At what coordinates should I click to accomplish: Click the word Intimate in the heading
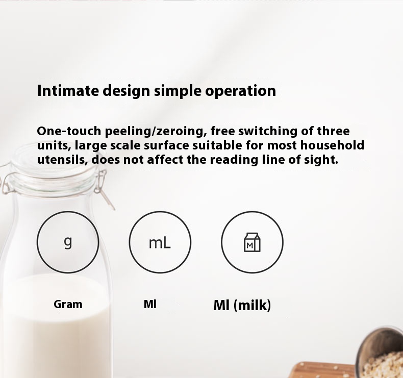[x=68, y=90]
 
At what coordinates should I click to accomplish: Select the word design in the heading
[x=126, y=91]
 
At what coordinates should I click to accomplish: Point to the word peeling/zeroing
[x=156, y=131]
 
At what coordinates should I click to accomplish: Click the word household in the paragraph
[x=332, y=145]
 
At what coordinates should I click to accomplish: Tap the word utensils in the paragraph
[x=62, y=160]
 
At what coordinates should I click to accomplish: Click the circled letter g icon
[x=68, y=242]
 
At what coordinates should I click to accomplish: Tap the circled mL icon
[x=160, y=242]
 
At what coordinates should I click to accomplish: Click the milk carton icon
[x=252, y=242]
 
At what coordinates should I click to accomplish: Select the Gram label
[x=68, y=304]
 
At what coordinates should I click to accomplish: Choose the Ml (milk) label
[x=242, y=306]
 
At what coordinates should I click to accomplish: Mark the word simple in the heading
[x=178, y=91]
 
